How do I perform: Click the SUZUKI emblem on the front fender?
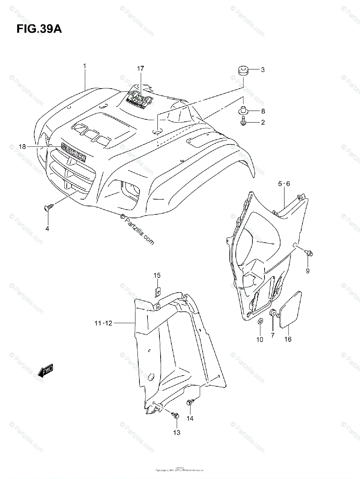[x=73, y=152]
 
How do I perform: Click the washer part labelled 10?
[x=260, y=321]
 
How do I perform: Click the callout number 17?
[x=140, y=69]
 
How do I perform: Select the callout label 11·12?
[x=104, y=323]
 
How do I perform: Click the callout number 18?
[x=22, y=147]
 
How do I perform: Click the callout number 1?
[x=85, y=66]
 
